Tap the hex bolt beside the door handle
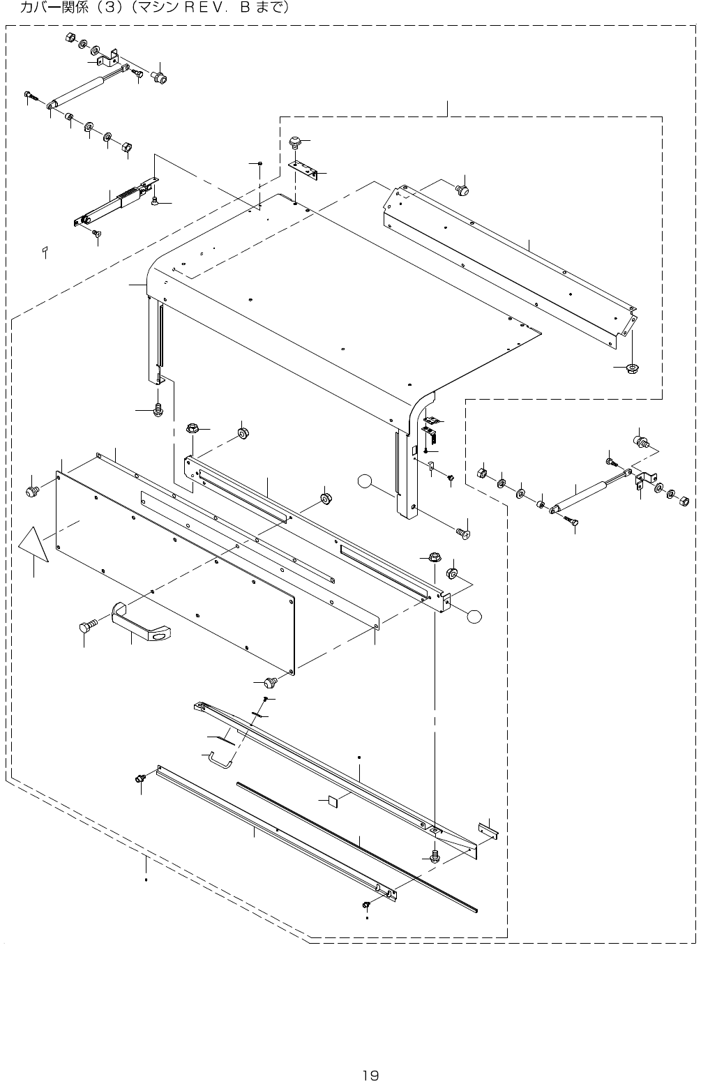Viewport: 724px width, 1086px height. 86,626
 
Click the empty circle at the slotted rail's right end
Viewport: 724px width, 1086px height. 474,616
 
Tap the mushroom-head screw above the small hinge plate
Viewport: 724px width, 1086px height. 296,142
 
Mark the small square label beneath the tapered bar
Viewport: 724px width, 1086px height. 332,800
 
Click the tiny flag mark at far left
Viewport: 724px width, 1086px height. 43,248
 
